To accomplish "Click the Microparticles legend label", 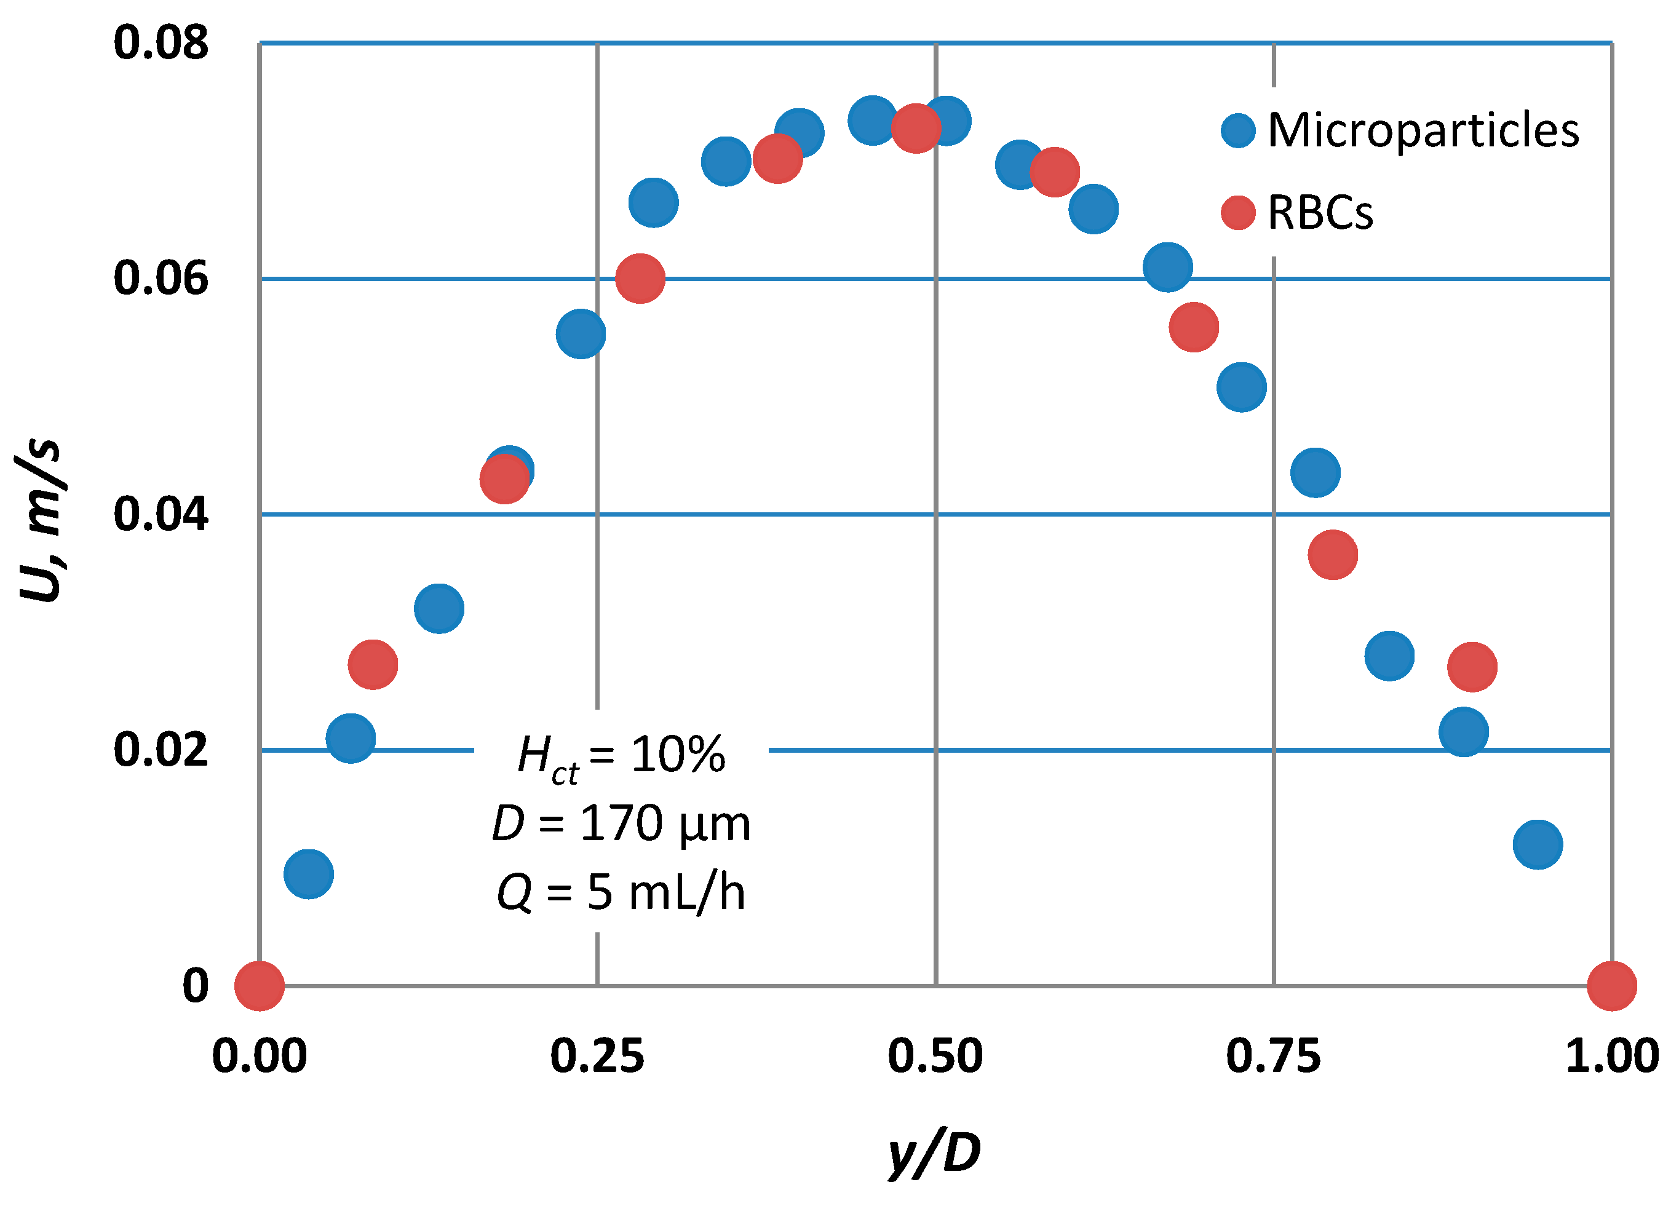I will point(1423,131).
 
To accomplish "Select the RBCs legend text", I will point(1320,213).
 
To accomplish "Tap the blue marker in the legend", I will point(1238,131).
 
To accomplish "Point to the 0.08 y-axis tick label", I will point(161,43).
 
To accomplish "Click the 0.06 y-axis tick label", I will point(161,279).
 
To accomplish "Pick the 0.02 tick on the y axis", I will point(161,750).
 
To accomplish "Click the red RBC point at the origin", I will point(259,985).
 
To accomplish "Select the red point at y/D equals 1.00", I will point(1611,985).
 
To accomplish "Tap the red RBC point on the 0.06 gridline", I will point(640,279).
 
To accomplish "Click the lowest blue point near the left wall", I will point(308,873).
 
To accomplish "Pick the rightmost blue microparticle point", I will point(1538,844).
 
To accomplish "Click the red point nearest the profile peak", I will point(915,128).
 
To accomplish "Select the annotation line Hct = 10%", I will point(621,756).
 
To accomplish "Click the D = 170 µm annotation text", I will point(621,823).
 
